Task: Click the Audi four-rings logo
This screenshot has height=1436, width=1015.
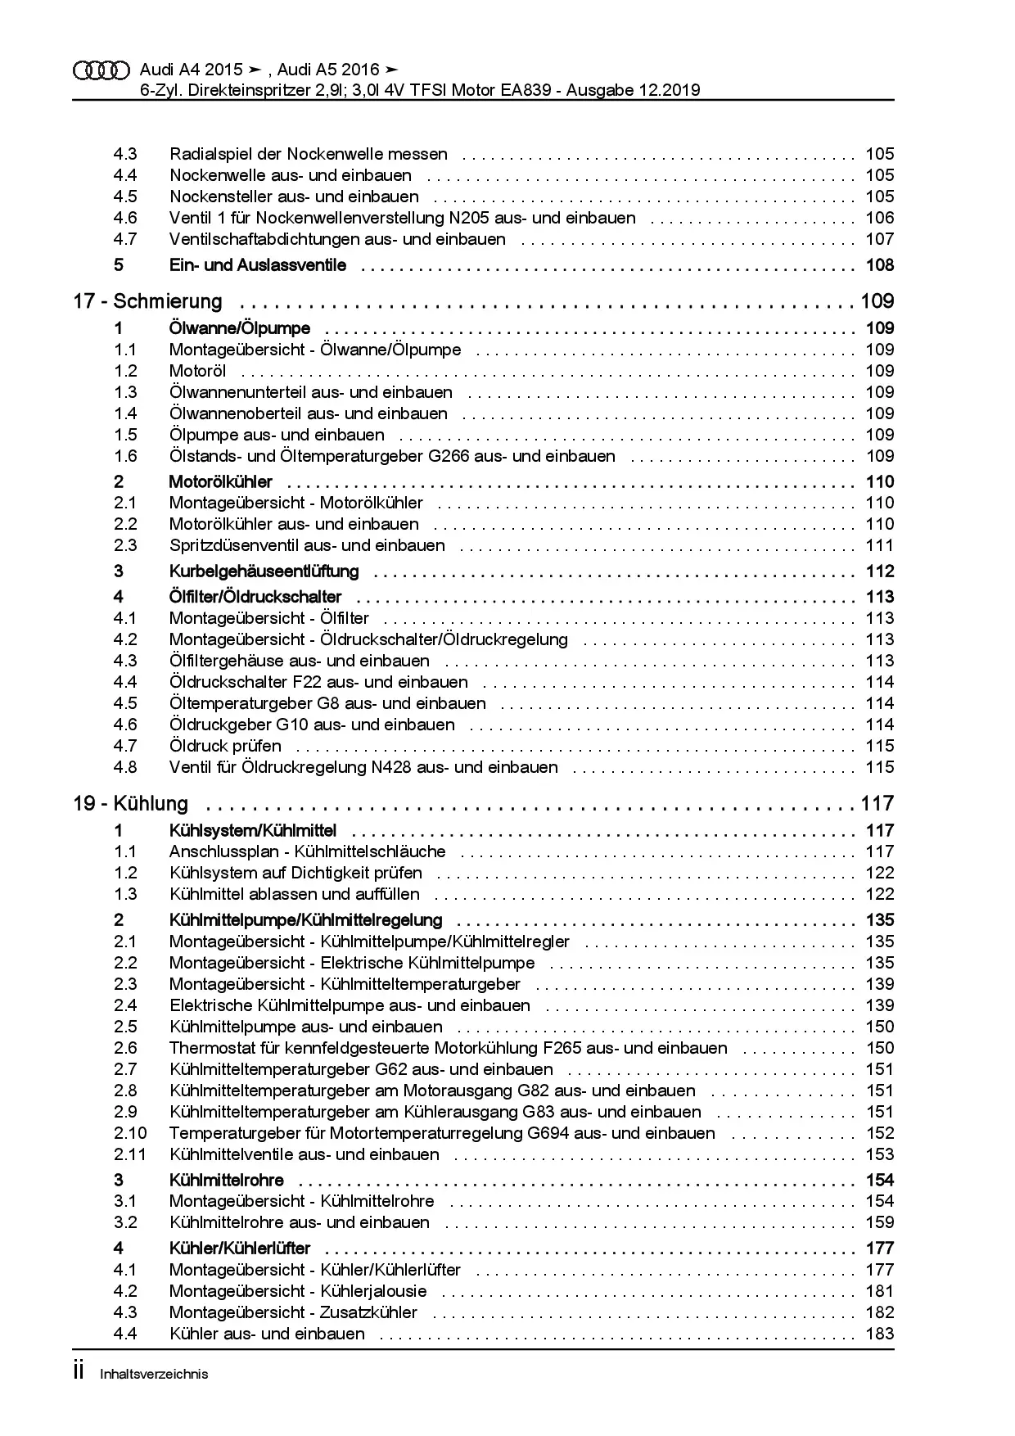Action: (101, 70)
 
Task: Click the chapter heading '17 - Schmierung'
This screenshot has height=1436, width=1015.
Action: (147, 301)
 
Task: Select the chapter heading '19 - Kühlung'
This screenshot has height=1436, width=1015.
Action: (131, 803)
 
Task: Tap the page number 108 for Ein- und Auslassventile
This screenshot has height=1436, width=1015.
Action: (880, 265)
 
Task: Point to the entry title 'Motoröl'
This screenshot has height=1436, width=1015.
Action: (197, 371)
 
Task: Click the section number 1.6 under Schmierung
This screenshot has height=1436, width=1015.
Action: (125, 456)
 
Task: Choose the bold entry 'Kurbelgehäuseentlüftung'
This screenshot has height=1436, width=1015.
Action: (264, 571)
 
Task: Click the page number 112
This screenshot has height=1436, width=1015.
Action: (880, 571)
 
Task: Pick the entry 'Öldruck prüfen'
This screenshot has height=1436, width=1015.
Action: (225, 746)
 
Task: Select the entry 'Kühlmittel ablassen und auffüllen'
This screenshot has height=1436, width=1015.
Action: (295, 894)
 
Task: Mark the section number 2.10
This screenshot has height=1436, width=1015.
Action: (130, 1133)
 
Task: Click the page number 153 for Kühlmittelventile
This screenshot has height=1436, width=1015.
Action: (880, 1154)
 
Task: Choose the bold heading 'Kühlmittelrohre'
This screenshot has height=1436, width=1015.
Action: (227, 1180)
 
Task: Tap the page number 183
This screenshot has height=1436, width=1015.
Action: (880, 1334)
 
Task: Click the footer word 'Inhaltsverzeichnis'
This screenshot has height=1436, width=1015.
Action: (154, 1374)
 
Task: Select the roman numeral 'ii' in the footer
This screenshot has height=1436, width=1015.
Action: (79, 1372)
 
